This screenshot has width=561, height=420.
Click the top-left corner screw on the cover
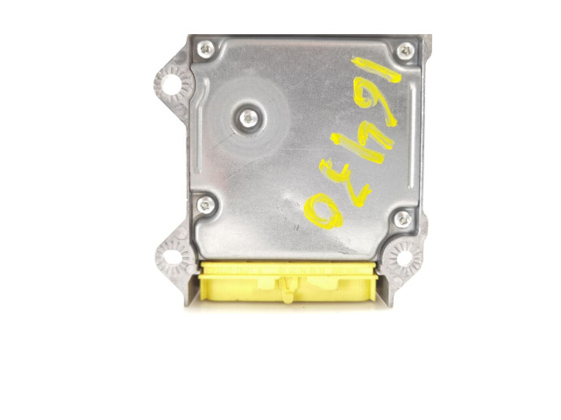pos(207,48)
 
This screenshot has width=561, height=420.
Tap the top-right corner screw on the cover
pos(404,51)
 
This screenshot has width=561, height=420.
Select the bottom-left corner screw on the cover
pos(206,205)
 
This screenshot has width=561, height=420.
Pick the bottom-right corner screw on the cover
pos(402,218)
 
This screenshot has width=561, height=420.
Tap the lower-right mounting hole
pos(405,259)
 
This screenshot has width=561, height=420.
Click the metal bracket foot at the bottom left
pos(188,294)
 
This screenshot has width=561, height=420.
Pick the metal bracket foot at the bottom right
pos(390,297)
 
